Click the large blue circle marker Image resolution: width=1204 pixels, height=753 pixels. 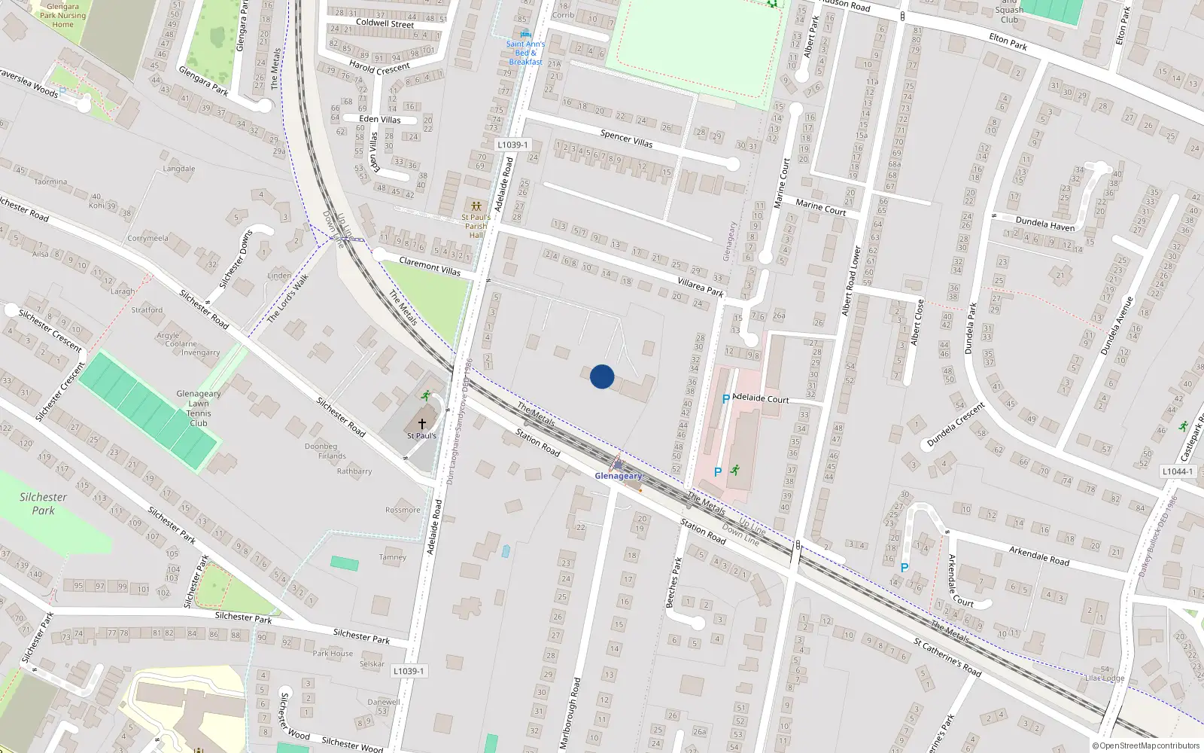pos(602,376)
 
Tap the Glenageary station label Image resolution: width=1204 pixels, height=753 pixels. pos(619,476)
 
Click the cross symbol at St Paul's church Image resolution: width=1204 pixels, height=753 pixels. pos(421,424)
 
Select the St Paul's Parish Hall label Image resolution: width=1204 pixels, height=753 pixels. pos(476,226)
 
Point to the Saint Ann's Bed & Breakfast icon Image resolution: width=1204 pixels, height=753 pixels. pos(525,34)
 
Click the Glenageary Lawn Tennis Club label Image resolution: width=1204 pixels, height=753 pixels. pos(199,408)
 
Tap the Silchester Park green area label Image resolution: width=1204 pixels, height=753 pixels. pos(43,504)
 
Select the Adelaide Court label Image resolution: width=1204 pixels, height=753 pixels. pos(760,398)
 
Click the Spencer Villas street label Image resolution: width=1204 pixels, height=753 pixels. pos(626,139)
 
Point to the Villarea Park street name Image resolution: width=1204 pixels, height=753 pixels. pos(700,287)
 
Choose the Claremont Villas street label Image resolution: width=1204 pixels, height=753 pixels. pos(430,266)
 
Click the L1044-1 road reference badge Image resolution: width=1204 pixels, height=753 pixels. pos(1177,471)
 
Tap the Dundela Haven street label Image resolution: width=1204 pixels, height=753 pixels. pos(1045,224)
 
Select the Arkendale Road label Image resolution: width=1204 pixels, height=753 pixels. pos(1039,556)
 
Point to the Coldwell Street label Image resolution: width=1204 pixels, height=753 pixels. pos(385,23)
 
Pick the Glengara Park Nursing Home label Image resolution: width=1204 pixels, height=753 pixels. pos(62,15)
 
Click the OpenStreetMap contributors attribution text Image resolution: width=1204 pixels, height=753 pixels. pos(1145,746)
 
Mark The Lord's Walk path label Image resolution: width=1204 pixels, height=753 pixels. pos(288,298)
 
